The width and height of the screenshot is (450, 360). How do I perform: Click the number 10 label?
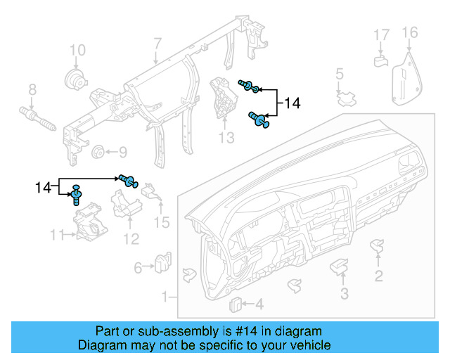[x=77, y=50]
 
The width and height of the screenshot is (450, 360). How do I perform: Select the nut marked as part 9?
[x=98, y=152]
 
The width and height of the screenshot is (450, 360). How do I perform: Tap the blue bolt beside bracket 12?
[x=127, y=180]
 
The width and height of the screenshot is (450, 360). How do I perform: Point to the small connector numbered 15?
[x=150, y=191]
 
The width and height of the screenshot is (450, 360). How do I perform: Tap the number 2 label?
[x=379, y=276]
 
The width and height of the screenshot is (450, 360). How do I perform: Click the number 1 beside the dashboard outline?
[x=165, y=297]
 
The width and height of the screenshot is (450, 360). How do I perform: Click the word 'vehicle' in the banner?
[x=310, y=345]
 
